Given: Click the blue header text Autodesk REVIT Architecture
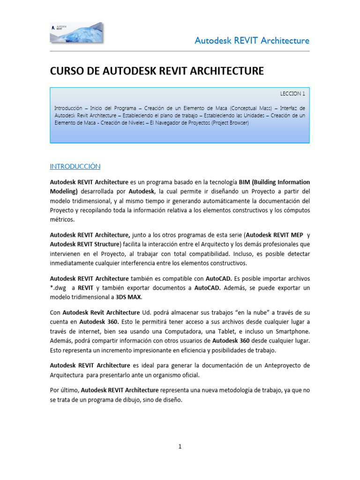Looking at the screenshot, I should pos(252,40).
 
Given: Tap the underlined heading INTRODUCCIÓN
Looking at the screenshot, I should pos(75,166).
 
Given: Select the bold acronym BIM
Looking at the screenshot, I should pos(246,182).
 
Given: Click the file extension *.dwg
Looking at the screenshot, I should pos(59,287).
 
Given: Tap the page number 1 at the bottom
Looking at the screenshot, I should pos(180,447).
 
